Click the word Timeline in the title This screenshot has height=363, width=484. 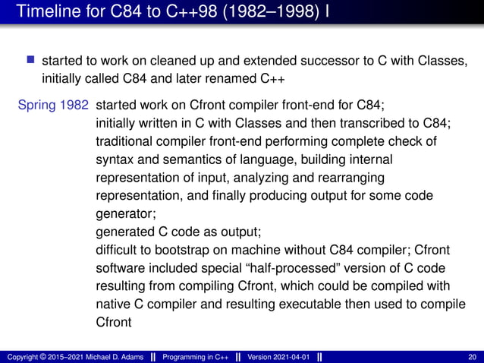click(46, 13)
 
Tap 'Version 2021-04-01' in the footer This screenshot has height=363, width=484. click(278, 357)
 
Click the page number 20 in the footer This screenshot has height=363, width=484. click(473, 357)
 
